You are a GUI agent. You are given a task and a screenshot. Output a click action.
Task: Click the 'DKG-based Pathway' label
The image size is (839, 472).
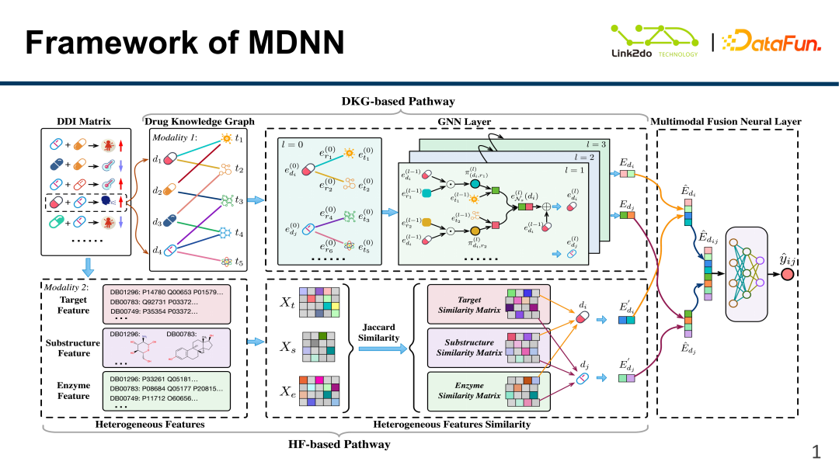pos(398,101)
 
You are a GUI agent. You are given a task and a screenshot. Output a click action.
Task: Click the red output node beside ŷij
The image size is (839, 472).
pos(788,275)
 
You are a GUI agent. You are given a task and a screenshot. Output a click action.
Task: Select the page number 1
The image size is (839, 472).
pos(816,452)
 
